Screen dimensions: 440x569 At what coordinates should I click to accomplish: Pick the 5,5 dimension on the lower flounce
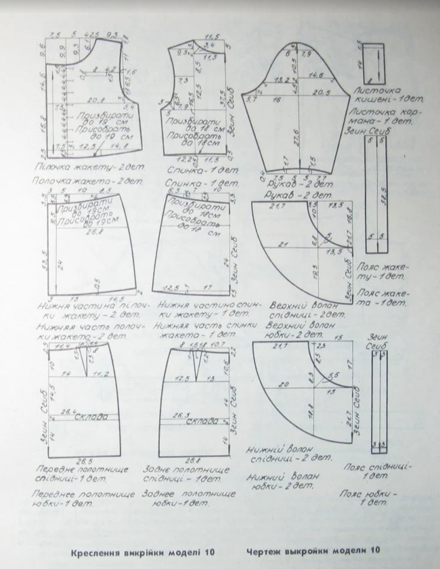332,377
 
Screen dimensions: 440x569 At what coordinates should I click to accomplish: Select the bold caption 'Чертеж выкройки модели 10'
313,550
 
